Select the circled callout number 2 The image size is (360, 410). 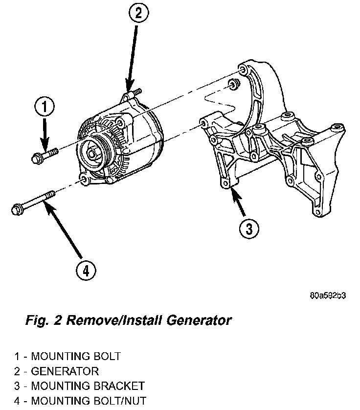[138, 14]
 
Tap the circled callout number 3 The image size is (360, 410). [248, 228]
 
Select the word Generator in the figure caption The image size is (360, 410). [193, 321]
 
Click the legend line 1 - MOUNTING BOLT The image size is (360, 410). [67, 356]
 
